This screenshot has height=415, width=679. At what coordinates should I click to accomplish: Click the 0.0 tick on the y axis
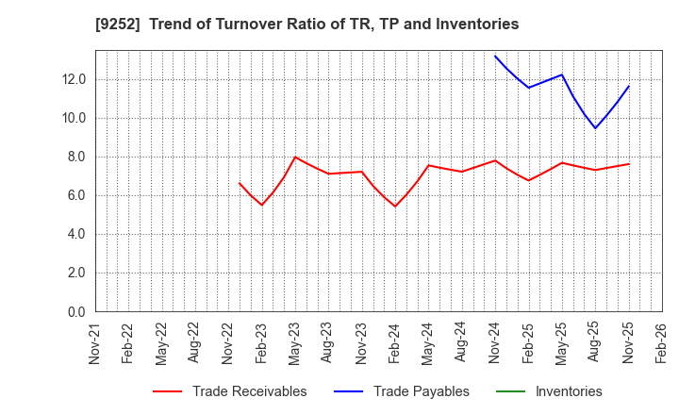coord(75,311)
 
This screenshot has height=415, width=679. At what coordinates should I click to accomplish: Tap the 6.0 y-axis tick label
coord(75,195)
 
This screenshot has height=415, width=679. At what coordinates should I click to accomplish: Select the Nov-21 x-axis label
coord(95,343)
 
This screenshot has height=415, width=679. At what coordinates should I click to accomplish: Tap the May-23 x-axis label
coord(295,343)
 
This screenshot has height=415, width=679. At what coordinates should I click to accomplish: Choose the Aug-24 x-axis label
coord(462,343)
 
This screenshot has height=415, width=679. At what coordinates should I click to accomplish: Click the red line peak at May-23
coord(295,157)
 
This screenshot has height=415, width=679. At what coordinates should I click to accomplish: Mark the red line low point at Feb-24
coord(395,206)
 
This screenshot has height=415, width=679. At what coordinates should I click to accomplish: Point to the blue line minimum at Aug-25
coord(595,128)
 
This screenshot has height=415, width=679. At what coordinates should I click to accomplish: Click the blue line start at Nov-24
coord(495,56)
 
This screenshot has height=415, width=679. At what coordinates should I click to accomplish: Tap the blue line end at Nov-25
coord(629,86)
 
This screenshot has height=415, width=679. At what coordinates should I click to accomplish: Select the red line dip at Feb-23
coord(262,205)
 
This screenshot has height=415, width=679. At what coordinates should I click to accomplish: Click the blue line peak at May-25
coord(562,75)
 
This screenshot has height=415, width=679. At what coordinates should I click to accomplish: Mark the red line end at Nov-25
coord(629,164)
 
